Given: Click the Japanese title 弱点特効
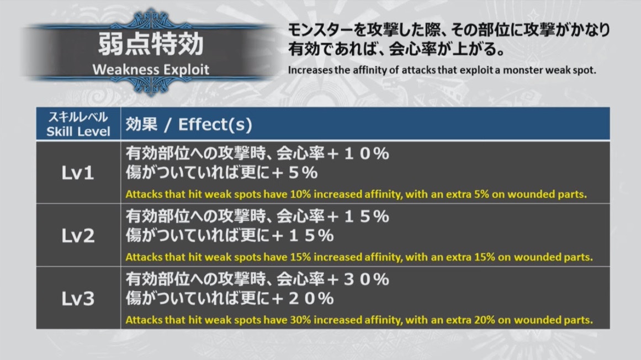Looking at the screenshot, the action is (x=150, y=44).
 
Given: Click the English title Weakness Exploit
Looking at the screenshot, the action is (x=150, y=70).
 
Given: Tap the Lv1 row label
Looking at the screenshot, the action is (x=78, y=173).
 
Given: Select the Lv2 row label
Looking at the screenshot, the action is (x=78, y=236).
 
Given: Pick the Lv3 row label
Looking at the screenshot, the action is (x=78, y=299).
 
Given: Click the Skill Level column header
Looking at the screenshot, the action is (x=78, y=124).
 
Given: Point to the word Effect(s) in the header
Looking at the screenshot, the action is (x=215, y=124).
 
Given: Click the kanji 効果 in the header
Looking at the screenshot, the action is (x=141, y=124).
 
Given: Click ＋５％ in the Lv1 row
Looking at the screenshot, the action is (x=294, y=173).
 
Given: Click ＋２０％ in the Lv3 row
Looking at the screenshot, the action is (x=303, y=299).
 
